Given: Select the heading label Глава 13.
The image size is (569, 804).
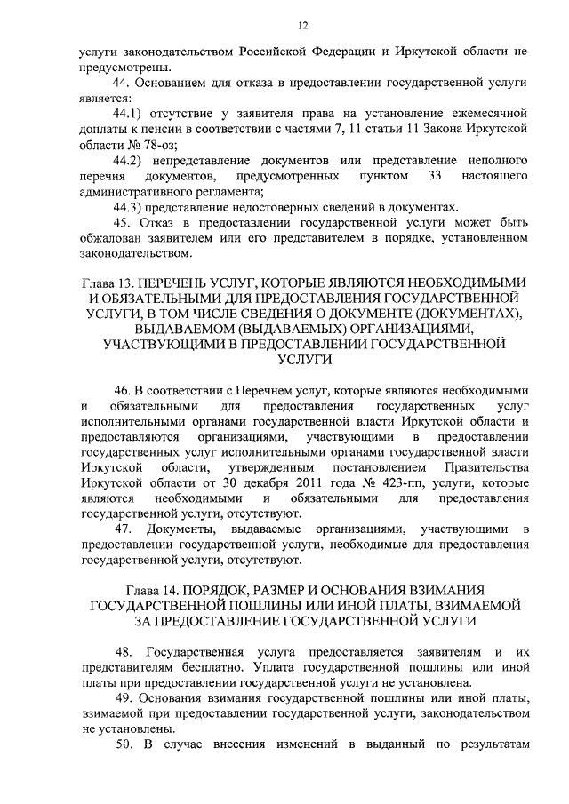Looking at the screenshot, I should (105, 283).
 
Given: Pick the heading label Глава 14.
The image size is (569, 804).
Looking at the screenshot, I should (154, 590).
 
